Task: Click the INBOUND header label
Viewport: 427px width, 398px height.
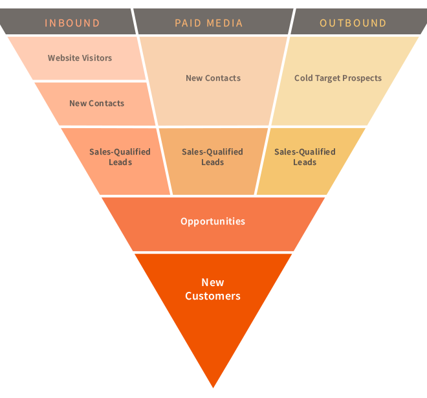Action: click(x=72, y=23)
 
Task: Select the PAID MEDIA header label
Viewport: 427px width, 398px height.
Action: click(x=209, y=23)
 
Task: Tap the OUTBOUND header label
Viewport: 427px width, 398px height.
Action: click(x=353, y=23)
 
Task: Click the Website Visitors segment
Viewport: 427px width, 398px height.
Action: click(x=80, y=58)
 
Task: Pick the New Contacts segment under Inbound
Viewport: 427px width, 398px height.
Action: click(x=96, y=104)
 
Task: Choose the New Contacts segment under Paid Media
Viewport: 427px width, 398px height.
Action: click(x=213, y=78)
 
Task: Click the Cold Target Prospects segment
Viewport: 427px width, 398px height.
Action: click(x=338, y=78)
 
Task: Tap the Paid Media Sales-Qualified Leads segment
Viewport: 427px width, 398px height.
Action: click(x=212, y=157)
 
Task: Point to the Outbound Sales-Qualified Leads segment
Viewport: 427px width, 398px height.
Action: click(x=305, y=157)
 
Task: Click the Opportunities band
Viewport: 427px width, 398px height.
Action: click(x=213, y=221)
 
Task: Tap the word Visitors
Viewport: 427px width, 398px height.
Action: click(x=97, y=58)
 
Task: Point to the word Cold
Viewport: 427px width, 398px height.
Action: click(x=304, y=78)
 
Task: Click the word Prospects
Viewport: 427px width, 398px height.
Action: click(x=363, y=78)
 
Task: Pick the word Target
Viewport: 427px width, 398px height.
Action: click(x=330, y=78)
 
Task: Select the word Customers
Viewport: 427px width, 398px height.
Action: click(x=213, y=296)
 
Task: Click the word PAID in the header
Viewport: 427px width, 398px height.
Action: click(x=188, y=23)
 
